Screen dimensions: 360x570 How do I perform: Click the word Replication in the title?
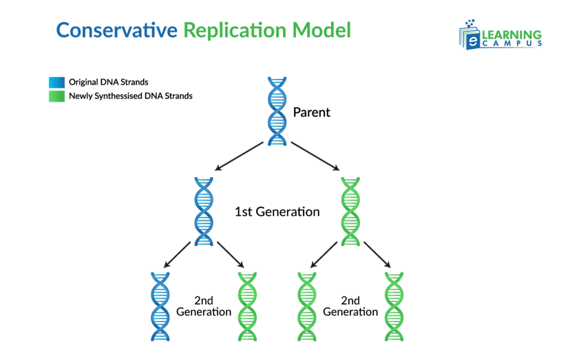pyautogui.click(x=233, y=31)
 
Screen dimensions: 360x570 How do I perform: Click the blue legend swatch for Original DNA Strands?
pyautogui.click(x=56, y=82)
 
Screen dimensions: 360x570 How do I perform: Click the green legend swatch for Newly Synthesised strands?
pyautogui.click(x=56, y=96)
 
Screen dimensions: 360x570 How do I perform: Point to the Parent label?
pyautogui.click(x=312, y=112)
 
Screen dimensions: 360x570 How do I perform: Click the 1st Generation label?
pyautogui.click(x=277, y=212)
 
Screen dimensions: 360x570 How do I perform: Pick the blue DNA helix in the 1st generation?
pyautogui.click(x=204, y=211)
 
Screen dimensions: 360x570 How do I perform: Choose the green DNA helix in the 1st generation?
pyautogui.click(x=351, y=211)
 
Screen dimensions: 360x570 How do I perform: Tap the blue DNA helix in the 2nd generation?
pyautogui.click(x=160, y=306)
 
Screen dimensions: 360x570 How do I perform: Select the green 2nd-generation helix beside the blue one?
pyautogui.click(x=246, y=306)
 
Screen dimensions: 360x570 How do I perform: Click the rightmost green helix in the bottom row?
pyautogui.click(x=394, y=306)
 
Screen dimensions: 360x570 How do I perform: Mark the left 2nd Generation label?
pyautogui.click(x=203, y=306)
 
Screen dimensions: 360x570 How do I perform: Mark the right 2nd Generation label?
pyautogui.click(x=350, y=306)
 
